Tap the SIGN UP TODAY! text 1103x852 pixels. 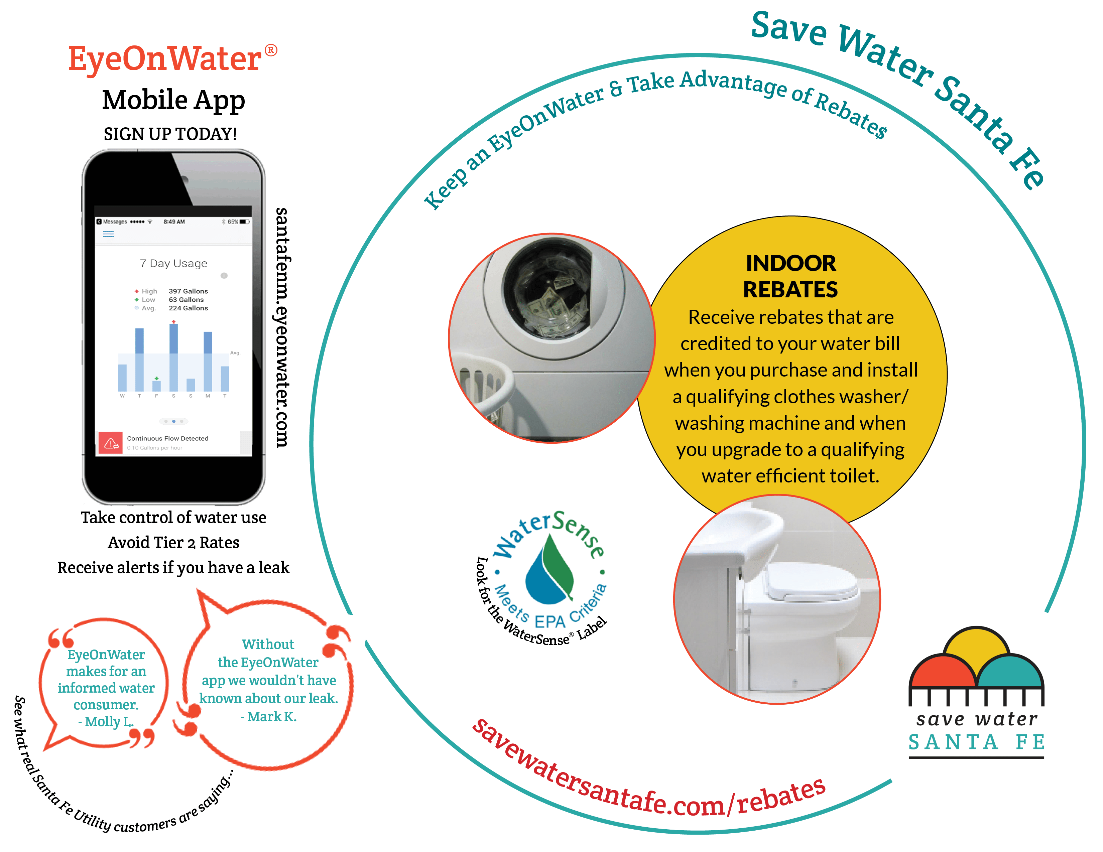pos(170,134)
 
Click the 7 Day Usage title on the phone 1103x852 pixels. pos(173,264)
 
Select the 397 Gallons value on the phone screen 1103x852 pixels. pos(189,291)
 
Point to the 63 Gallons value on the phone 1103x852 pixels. pos(187,300)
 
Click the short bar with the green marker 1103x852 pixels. pos(156,386)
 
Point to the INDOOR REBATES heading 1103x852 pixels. pos(790,276)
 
